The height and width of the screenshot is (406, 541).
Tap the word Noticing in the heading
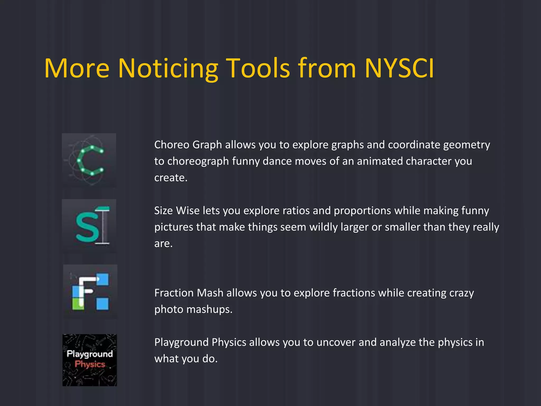[168, 68]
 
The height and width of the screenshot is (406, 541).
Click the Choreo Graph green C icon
[89, 160]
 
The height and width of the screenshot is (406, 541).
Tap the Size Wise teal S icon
[89, 226]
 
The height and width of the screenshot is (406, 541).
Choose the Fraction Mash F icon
[90, 292]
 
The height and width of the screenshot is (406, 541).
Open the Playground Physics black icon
[90, 360]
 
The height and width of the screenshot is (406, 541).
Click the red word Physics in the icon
[90, 364]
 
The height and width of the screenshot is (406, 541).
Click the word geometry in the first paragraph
[466, 145]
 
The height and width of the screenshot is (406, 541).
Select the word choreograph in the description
[198, 161]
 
